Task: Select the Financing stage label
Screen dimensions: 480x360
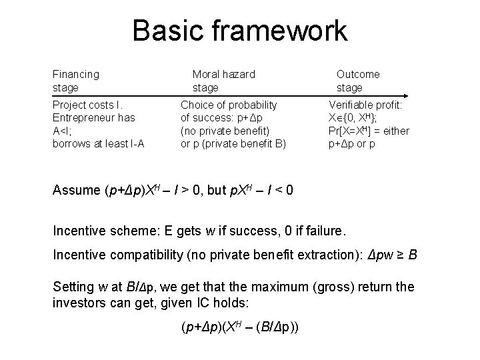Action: [x=75, y=81]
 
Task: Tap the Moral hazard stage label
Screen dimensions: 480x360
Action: [x=223, y=81]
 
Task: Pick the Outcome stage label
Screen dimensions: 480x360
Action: [x=358, y=81]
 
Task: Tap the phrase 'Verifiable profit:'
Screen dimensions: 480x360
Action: [x=369, y=105]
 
